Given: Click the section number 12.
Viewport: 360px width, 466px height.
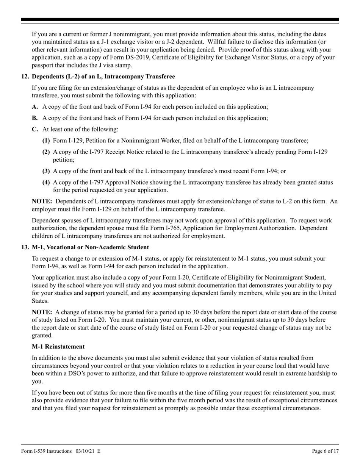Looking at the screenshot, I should point(25,77).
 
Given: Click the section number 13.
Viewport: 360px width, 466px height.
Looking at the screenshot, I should point(25,247).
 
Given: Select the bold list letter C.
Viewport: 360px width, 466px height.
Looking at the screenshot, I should point(35,130).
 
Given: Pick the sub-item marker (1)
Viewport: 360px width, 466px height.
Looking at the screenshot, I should point(46,141).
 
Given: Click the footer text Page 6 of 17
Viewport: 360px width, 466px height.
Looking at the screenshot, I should point(322,451).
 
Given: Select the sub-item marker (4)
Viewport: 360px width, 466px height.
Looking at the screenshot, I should point(46,182).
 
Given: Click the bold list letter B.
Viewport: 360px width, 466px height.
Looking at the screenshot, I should point(35,118).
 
